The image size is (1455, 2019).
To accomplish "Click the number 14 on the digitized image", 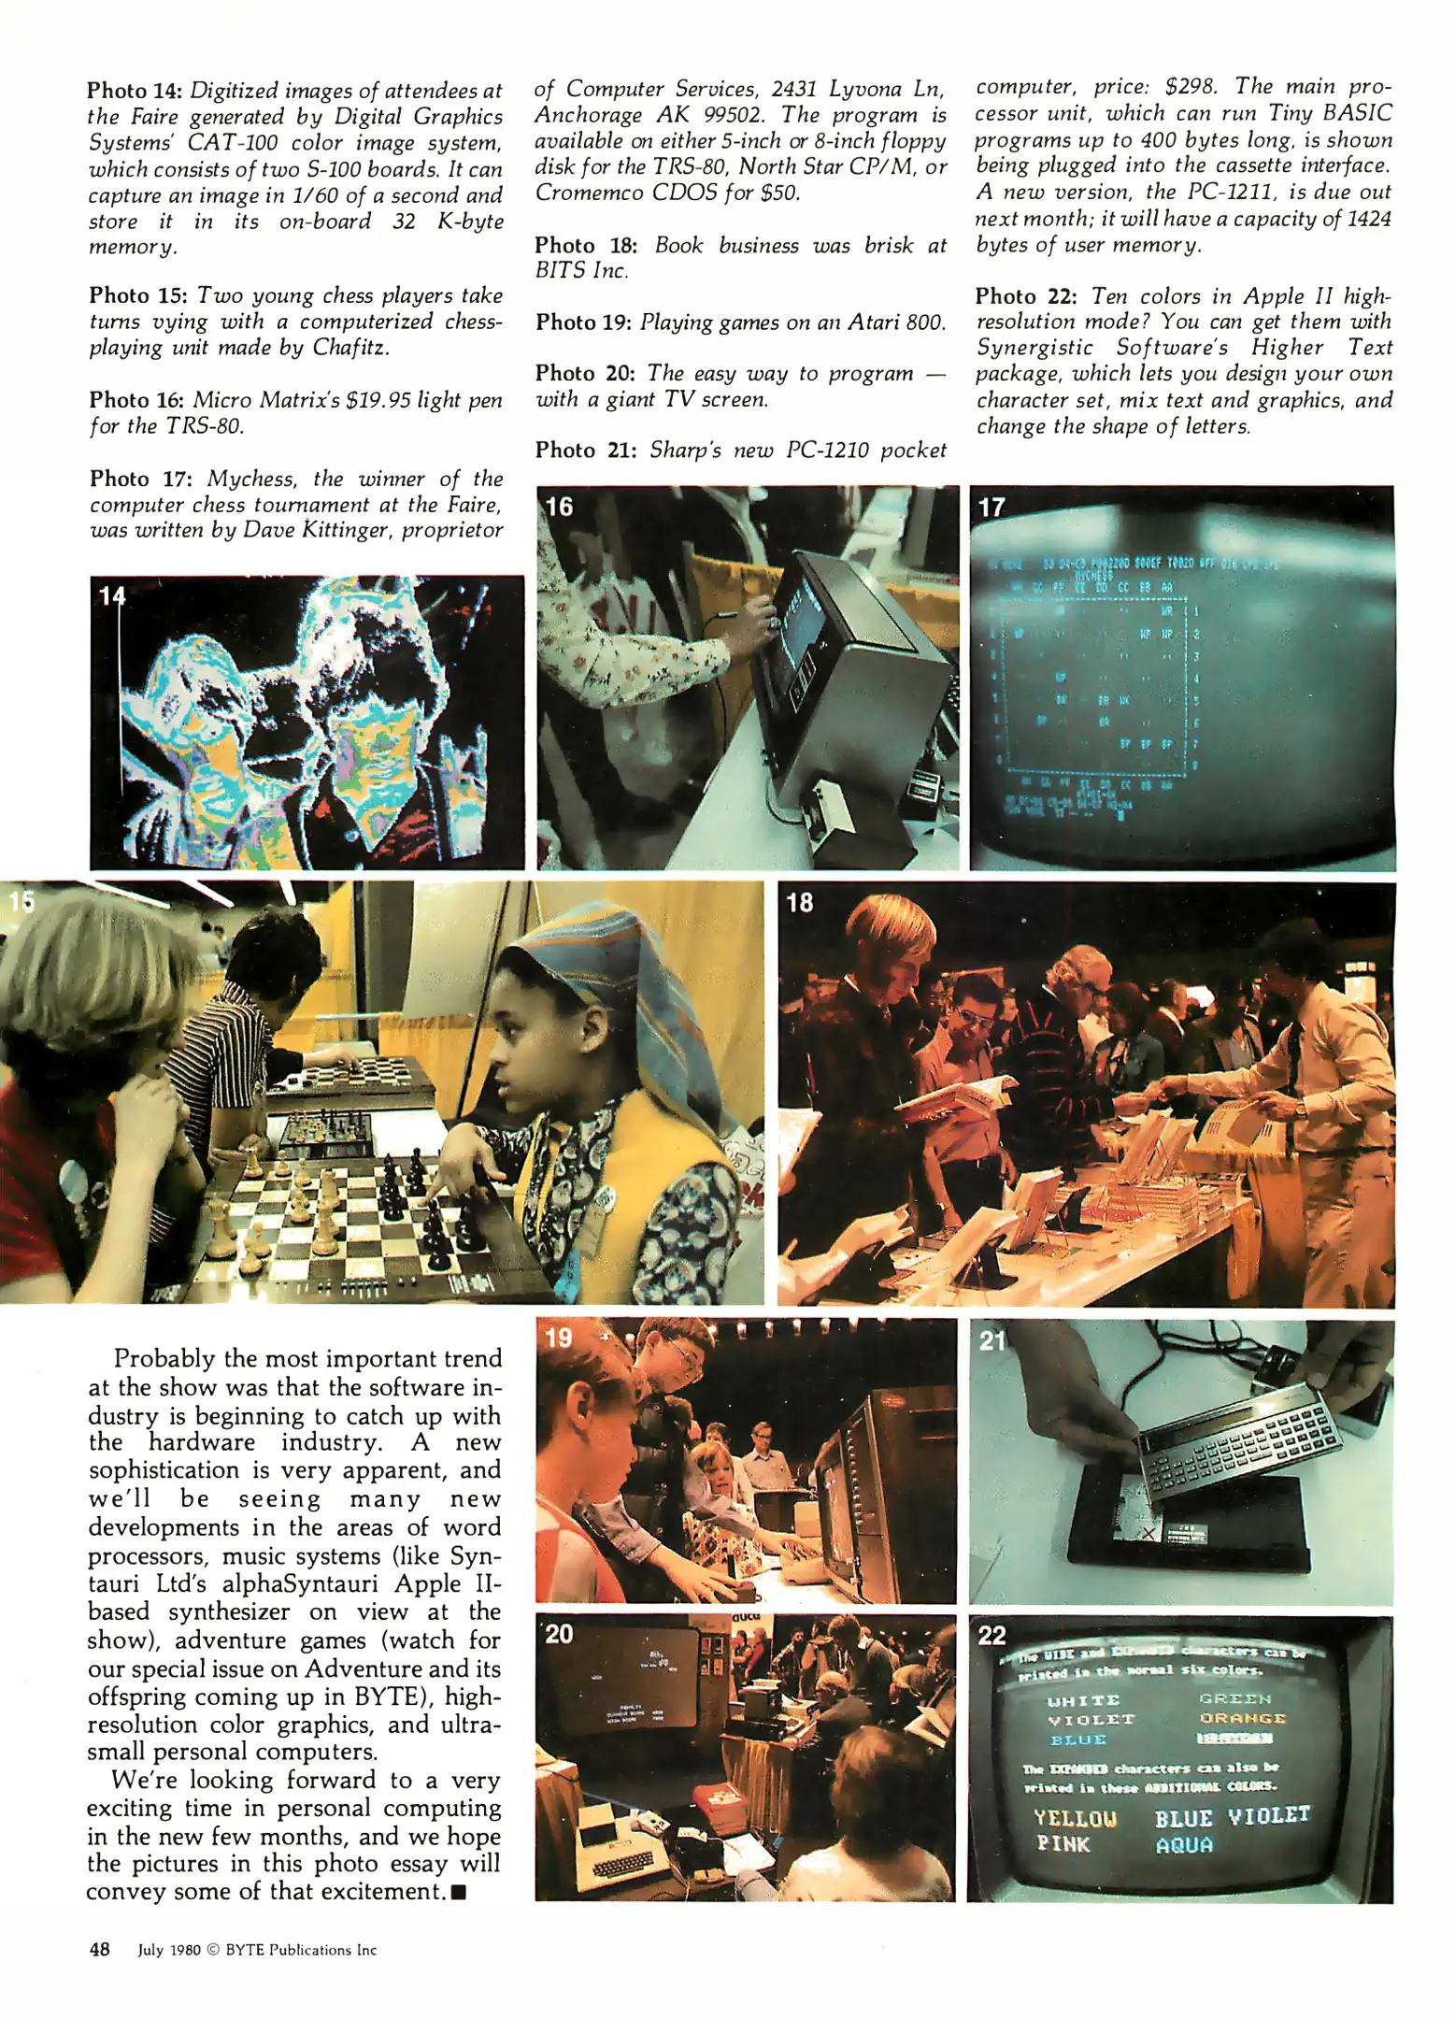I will pyautogui.click(x=111, y=596).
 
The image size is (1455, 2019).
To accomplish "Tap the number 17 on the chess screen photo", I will pyautogui.click(x=991, y=507).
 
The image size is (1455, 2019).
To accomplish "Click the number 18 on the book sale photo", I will pyautogui.click(x=799, y=903).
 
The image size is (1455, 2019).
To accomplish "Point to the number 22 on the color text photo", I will pyautogui.click(x=991, y=1635).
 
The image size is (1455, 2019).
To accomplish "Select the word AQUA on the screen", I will pyautogui.click(x=1184, y=1845).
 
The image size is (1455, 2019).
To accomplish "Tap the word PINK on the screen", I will pyautogui.click(x=1063, y=1844).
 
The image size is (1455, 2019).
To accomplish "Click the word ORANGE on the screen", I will pyautogui.click(x=1242, y=1718).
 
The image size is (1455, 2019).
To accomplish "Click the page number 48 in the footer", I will pyautogui.click(x=99, y=1949).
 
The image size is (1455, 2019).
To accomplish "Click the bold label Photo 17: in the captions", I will pyautogui.click(x=141, y=479).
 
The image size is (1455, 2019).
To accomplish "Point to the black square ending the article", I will pyautogui.click(x=458, y=1893).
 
